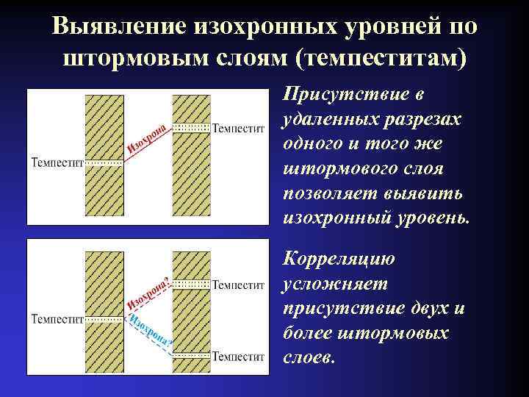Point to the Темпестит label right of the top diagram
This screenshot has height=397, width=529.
[238, 128]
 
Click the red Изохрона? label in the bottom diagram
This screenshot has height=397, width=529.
[150, 295]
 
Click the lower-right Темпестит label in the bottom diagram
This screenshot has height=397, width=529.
[238, 356]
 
